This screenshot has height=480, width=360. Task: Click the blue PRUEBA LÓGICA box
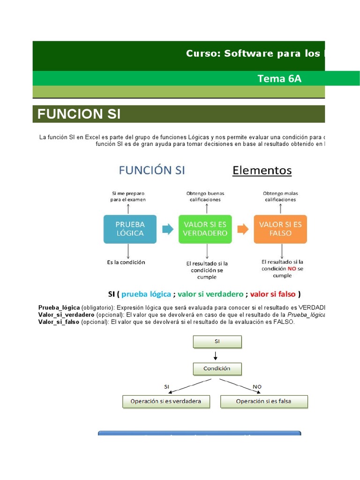[x=130, y=229]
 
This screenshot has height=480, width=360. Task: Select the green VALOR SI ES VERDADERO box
[x=205, y=229]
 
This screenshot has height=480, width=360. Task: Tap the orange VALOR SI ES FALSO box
[x=280, y=229]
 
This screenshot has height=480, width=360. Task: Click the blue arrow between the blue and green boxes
[x=167, y=229]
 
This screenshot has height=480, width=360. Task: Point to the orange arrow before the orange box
[x=242, y=229]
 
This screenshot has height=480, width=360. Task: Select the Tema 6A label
[x=279, y=78]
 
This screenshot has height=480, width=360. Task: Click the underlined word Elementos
[x=262, y=170]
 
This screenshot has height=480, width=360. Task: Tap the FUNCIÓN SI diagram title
[x=152, y=170]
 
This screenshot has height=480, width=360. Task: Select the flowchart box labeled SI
[x=217, y=342]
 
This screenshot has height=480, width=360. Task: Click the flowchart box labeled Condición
[x=217, y=369]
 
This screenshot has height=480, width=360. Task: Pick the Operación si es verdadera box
[x=166, y=402]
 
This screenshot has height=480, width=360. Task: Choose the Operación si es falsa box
[x=264, y=402]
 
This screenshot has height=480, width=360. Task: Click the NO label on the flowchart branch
[x=257, y=387]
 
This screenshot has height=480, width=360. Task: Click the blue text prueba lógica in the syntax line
[x=146, y=294]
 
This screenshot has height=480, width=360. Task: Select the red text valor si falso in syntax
[x=273, y=294]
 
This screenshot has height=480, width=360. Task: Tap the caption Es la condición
[x=126, y=262]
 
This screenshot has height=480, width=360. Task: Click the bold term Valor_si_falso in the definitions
[x=59, y=322]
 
